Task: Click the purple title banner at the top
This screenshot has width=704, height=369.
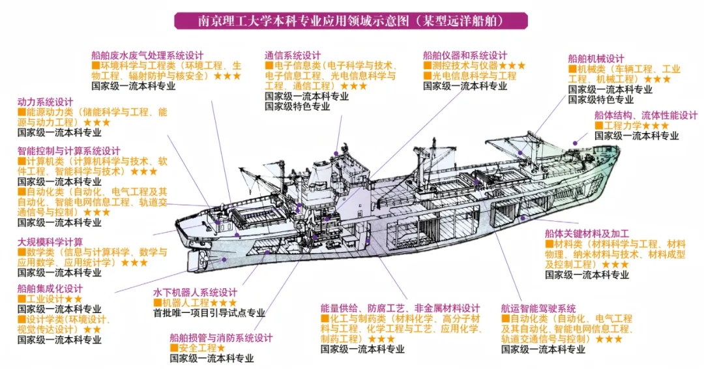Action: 351,20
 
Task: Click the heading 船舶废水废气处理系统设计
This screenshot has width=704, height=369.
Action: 147,55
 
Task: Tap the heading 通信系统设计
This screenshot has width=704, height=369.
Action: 293,55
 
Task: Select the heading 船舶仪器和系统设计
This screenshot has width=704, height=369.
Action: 464,55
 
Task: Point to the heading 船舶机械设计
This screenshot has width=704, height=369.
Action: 596,59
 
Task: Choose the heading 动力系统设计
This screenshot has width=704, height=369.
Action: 45,102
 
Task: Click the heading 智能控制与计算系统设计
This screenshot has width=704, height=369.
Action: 68,151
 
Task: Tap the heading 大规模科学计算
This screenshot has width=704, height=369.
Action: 50,242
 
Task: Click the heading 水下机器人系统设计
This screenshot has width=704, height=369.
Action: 195,293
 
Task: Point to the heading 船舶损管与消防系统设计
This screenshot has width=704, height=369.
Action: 220,338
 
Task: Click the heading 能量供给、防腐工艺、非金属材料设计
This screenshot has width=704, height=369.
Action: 400,308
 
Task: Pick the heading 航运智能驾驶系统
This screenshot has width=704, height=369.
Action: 538,308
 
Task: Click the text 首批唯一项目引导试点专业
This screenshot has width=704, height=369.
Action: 209,313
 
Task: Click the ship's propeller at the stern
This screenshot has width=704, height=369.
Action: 203,261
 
